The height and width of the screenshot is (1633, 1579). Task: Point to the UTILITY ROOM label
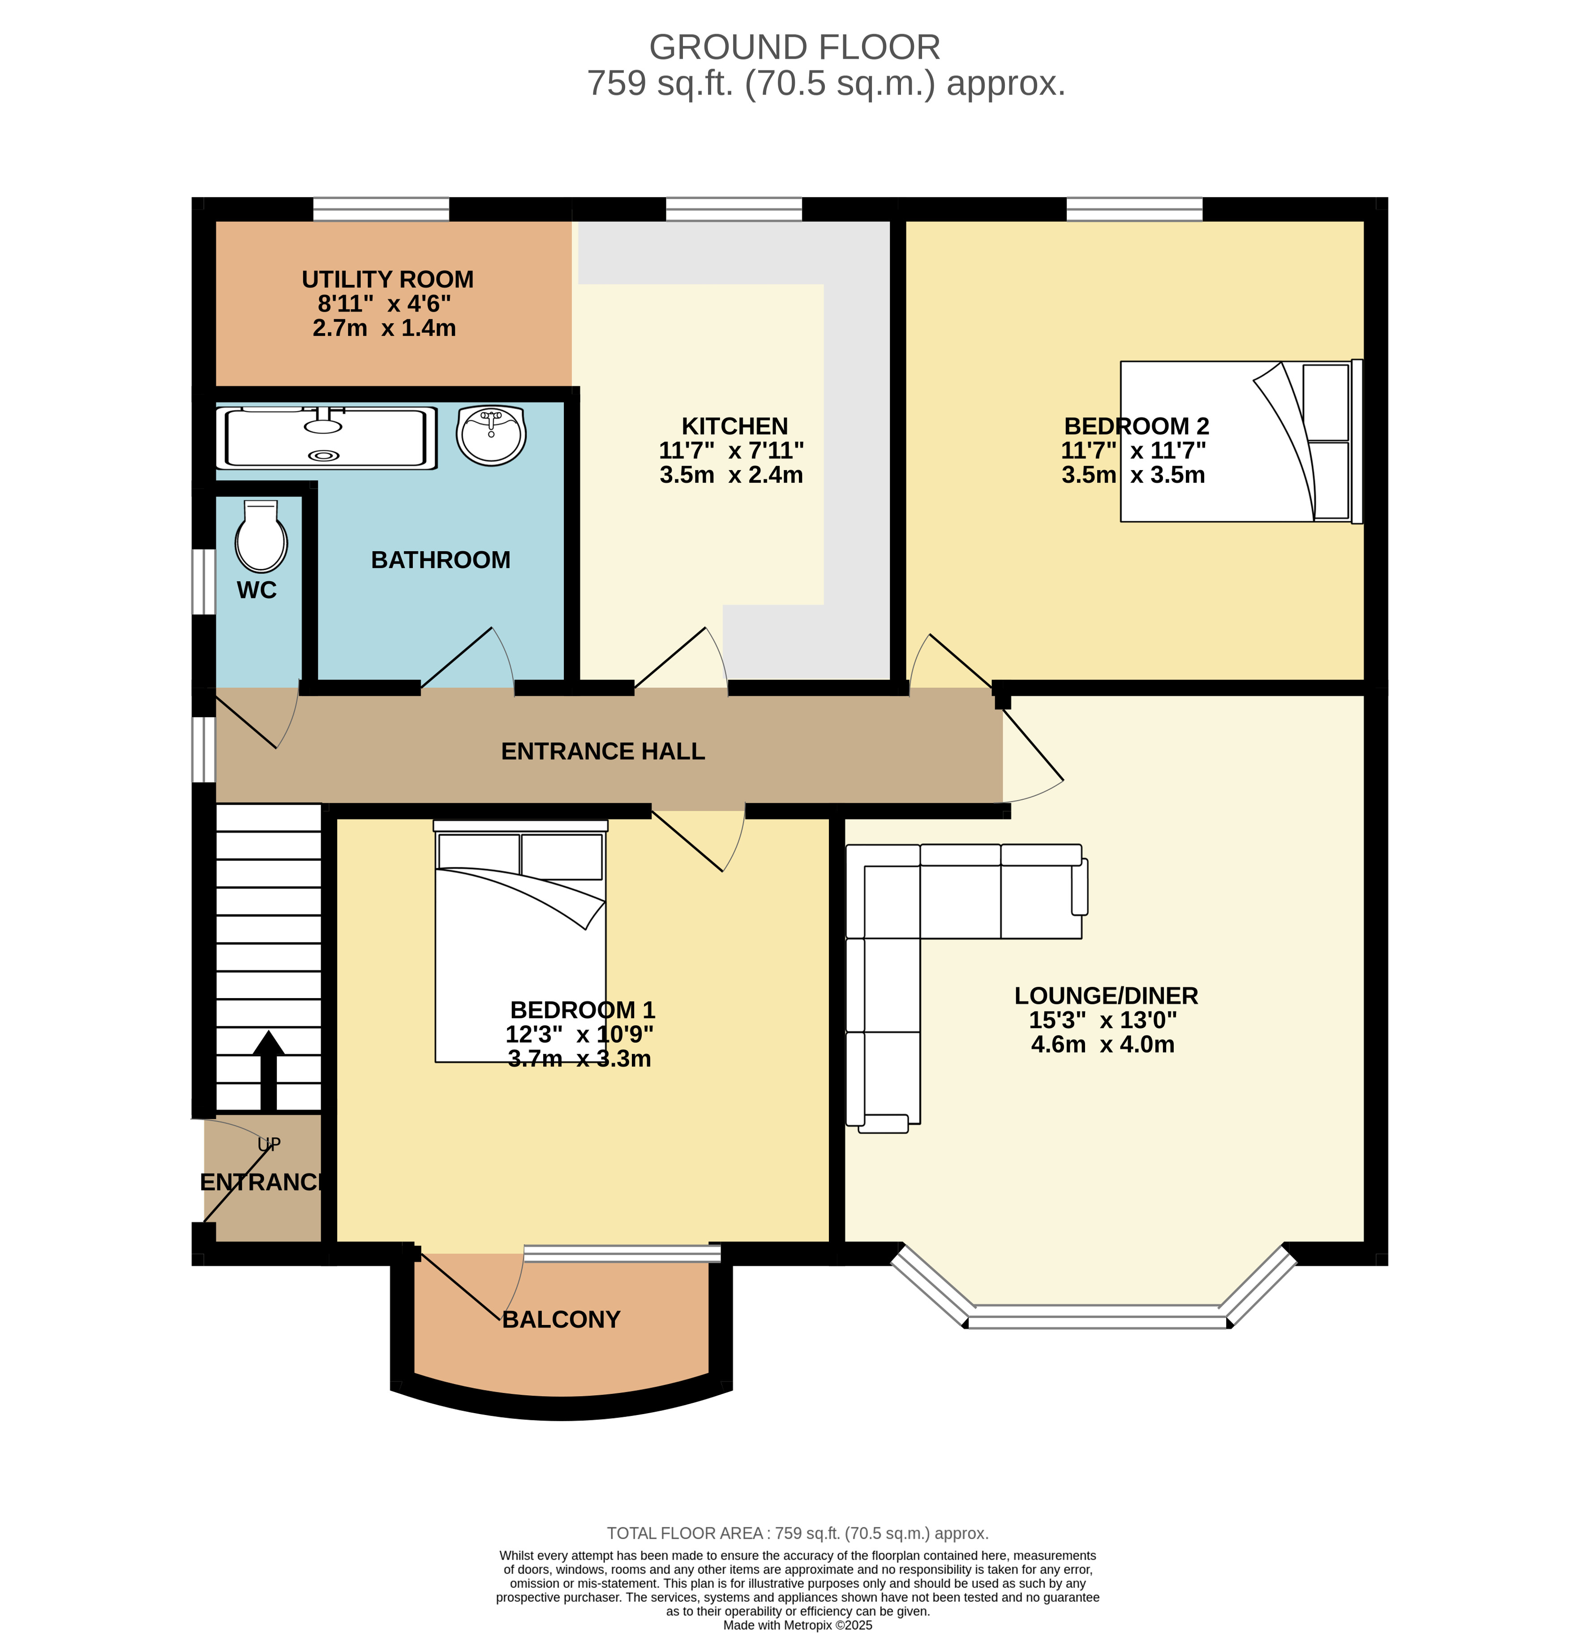387,279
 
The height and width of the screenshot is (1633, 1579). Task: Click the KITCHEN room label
734,426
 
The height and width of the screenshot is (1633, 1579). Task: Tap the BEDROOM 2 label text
1137,426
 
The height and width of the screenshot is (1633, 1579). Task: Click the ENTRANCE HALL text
603,751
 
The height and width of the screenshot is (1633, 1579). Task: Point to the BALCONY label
562,1320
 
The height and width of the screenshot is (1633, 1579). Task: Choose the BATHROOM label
441,560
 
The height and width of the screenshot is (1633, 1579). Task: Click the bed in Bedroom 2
1241,441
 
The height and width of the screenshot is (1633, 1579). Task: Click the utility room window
381,209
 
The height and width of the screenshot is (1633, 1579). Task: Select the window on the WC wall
204,582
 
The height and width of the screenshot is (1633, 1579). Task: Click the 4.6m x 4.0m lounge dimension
1103,1045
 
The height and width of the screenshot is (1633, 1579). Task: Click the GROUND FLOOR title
795,47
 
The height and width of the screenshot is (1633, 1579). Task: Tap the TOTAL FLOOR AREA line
798,1533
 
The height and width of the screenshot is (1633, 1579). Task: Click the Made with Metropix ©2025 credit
798,1624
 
